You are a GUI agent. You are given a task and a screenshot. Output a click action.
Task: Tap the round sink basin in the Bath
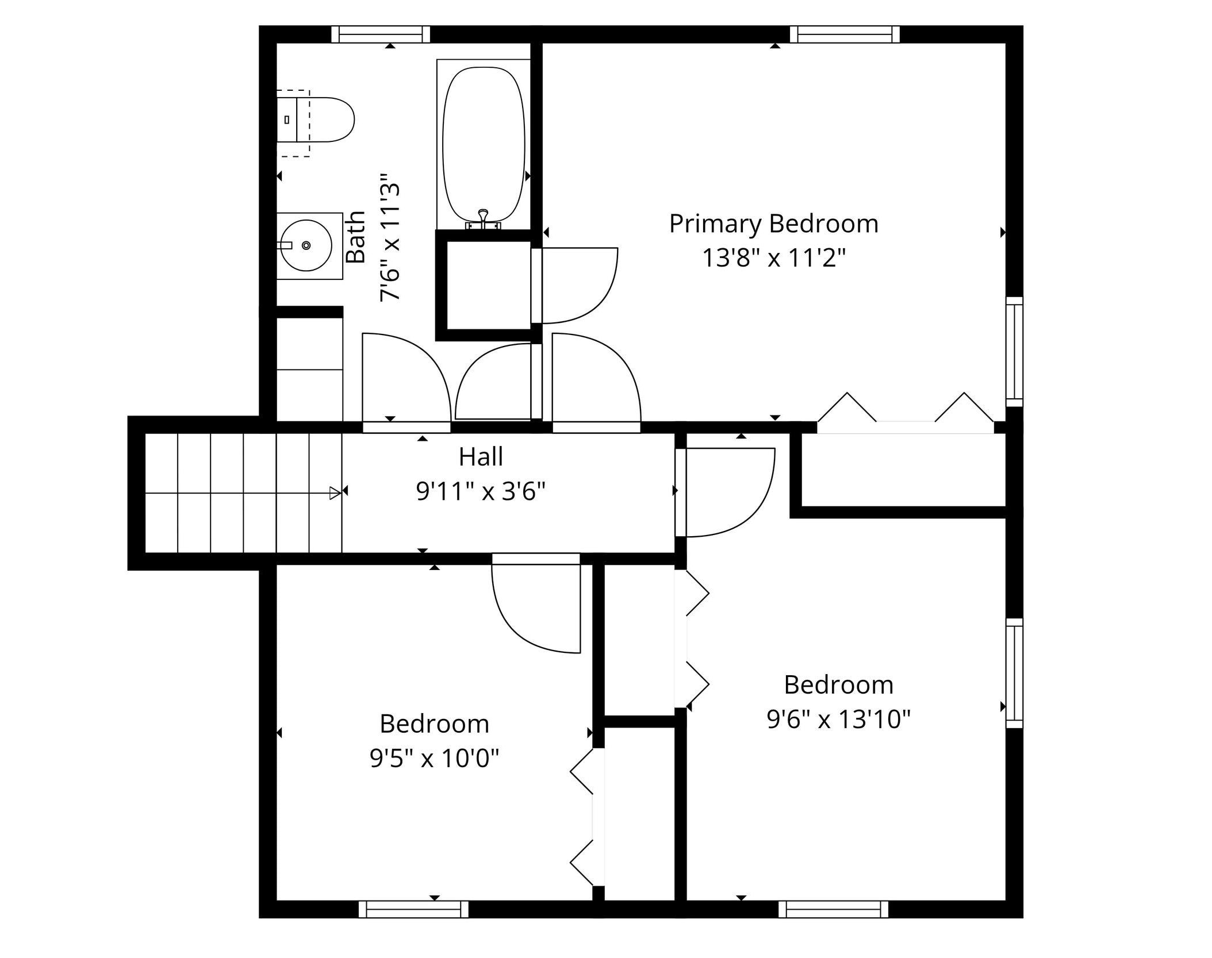tap(306, 245)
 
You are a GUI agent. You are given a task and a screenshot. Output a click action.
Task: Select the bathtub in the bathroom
tap(484, 144)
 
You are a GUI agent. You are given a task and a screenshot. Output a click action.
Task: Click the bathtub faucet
tap(483, 219)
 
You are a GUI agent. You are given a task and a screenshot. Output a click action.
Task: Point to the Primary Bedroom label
tap(774, 224)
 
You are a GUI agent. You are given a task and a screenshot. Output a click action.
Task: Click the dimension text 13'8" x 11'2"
tap(774, 258)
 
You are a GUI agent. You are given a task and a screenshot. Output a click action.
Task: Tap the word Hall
tap(481, 457)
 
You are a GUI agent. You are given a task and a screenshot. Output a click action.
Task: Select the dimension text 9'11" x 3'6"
tap(481, 491)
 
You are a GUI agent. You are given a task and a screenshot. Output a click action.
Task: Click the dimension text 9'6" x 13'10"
tap(839, 719)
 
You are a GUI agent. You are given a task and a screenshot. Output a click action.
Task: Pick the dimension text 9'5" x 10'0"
tap(434, 759)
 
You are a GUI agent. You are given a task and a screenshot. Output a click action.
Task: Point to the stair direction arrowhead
tap(335, 493)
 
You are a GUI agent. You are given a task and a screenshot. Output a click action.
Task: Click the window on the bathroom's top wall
tap(381, 34)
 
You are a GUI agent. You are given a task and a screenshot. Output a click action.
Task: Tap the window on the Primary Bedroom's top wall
tap(845, 34)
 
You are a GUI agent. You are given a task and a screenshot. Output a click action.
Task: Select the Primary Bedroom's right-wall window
tap(1014, 352)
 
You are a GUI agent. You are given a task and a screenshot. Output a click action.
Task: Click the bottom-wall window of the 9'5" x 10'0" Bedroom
tap(413, 910)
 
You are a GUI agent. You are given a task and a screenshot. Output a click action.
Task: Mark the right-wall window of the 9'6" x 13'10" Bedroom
tap(1014, 674)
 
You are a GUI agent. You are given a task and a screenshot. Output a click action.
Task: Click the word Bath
tap(356, 237)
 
